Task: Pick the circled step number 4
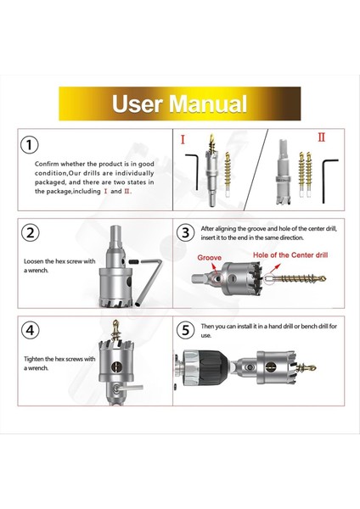[31, 330]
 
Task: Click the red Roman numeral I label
[181, 138]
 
